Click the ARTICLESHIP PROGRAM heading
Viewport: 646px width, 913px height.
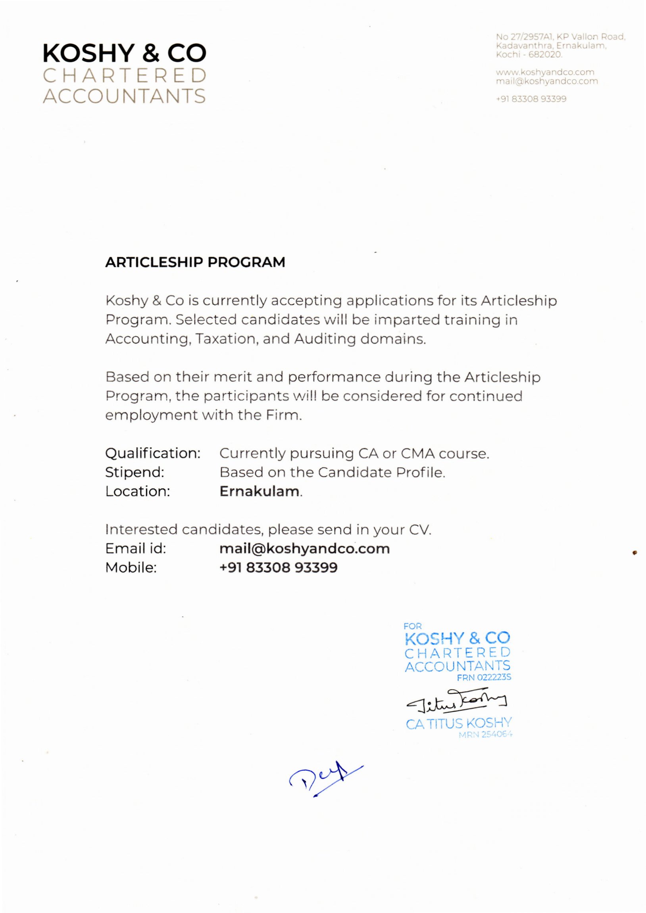[x=195, y=262]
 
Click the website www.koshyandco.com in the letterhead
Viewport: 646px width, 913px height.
[x=545, y=73]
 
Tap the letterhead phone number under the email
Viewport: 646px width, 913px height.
[x=531, y=99]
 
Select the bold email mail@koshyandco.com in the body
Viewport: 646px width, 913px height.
[x=304, y=549]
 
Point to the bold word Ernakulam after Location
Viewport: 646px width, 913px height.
[x=260, y=492]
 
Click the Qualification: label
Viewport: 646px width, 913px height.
[x=152, y=453]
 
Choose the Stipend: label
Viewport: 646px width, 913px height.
[x=135, y=473]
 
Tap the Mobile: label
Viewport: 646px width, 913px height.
[x=131, y=568]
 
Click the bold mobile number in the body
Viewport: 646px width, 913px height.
[x=278, y=568]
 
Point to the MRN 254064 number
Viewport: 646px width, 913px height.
[x=485, y=735]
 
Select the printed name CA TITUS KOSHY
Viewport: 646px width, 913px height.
[x=459, y=724]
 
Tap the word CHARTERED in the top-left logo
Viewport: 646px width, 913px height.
[x=124, y=76]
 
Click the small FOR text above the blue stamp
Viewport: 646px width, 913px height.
[x=412, y=626]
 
